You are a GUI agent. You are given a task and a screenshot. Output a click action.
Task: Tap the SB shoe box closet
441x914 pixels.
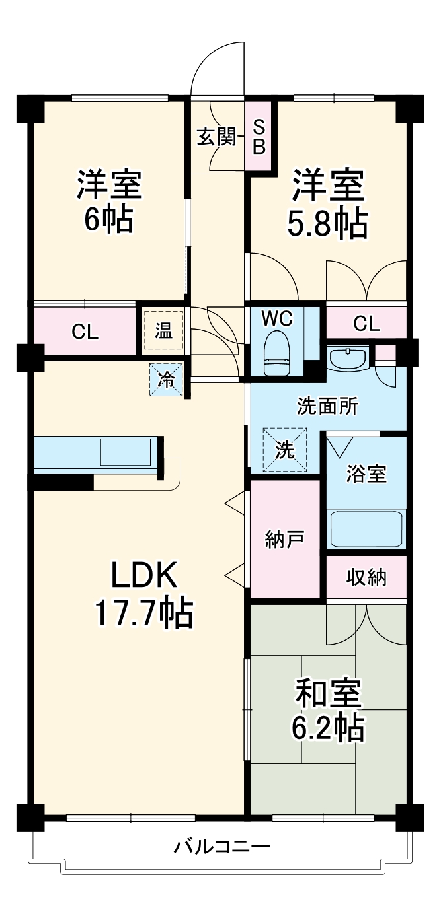[259, 136]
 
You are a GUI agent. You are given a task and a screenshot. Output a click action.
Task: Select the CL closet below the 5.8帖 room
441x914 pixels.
[366, 324]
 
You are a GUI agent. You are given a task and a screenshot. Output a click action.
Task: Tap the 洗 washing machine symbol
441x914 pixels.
[285, 450]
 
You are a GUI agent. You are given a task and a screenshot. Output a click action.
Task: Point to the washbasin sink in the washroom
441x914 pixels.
[348, 360]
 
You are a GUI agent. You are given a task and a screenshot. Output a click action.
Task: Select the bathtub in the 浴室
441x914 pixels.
[366, 528]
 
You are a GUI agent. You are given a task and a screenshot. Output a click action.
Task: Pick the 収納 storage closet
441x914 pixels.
[366, 578]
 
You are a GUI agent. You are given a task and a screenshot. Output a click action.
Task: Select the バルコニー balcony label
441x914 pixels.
[221, 847]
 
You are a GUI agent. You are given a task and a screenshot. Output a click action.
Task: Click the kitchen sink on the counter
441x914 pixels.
[126, 453]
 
